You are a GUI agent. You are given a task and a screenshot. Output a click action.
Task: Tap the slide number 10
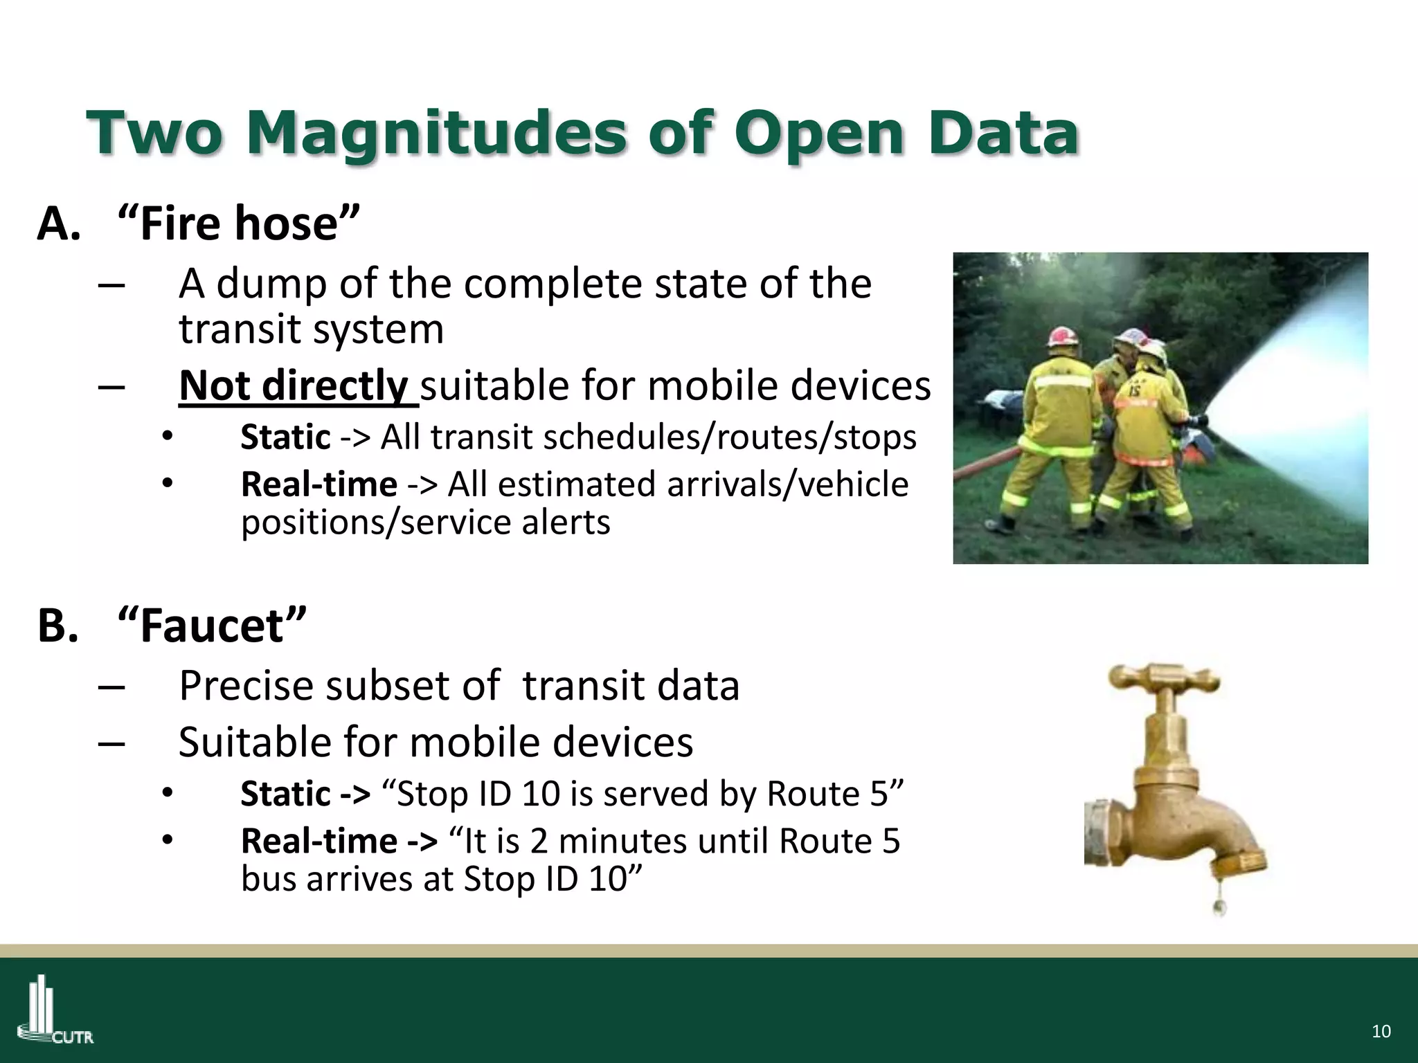pos(1381,1031)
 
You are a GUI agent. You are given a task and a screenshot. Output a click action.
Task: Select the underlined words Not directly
pos(294,385)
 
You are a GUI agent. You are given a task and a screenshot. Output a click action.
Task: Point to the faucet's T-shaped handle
pos(1165,678)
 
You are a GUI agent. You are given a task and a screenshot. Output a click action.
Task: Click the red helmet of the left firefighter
pos(1061,337)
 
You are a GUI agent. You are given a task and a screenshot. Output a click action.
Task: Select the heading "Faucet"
pos(212,626)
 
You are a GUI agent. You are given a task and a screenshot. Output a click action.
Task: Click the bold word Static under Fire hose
pos(285,437)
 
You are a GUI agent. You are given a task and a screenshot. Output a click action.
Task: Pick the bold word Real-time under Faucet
pos(319,842)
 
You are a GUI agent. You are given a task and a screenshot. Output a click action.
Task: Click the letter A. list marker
pos(59,224)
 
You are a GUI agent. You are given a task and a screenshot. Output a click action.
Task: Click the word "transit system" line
pos(312,329)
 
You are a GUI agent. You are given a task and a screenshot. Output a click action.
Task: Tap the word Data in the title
pos(1007,133)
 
